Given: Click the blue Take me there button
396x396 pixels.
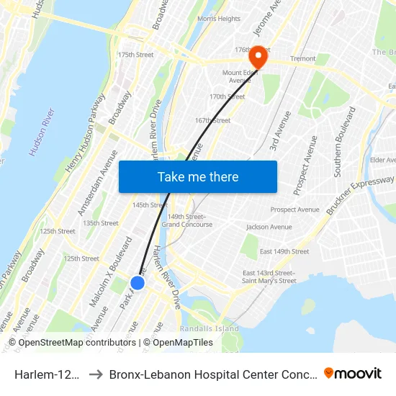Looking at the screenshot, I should pos(197,176).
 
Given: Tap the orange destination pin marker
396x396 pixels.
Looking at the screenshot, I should pos(257,58).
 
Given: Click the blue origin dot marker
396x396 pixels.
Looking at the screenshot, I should pos(138,283).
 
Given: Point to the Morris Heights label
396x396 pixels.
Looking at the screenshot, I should pos(219,19).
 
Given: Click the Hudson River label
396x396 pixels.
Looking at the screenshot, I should pos(42,133).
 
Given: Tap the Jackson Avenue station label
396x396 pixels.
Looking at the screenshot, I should pos(269,227).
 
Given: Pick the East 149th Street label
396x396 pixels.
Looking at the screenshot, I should pos(284,251).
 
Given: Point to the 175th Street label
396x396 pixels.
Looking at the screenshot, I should pos(135,55).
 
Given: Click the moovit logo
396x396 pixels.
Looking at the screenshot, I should pos(352,373).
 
